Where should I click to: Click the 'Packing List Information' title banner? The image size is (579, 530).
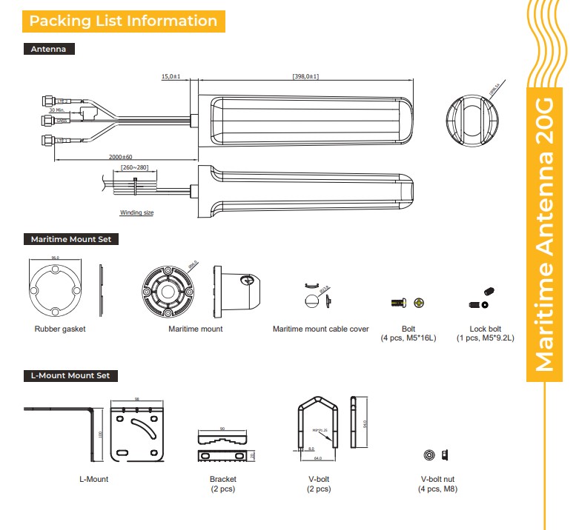point(123,21)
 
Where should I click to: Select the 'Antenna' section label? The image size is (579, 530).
point(49,50)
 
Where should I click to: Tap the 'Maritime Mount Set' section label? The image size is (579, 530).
point(71,239)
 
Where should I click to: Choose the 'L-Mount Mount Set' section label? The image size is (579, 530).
point(70,375)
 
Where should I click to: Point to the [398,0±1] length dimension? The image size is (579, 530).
point(305,76)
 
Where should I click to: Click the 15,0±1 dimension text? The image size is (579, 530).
point(171,76)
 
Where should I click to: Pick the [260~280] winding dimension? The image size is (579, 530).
point(134,167)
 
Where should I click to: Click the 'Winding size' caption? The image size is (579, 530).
point(136,212)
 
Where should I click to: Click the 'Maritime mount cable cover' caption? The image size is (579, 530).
point(320,329)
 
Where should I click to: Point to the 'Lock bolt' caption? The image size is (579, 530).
point(486,329)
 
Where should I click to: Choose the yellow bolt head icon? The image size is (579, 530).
point(420,303)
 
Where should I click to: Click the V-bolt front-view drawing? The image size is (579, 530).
point(317,426)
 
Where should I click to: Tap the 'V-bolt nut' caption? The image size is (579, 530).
point(437,479)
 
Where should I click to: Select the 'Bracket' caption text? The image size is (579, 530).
point(222,479)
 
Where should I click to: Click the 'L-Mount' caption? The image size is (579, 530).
point(93,479)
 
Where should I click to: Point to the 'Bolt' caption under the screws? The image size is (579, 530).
point(408,329)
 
